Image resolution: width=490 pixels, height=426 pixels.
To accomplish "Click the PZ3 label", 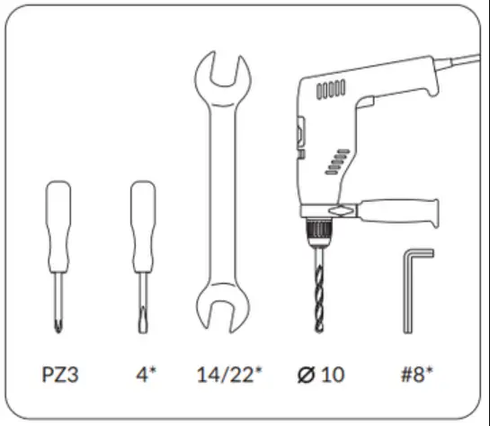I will click(59, 373).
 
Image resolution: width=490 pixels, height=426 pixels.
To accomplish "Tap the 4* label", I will click(144, 373).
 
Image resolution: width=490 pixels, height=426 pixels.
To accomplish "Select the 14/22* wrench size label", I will click(228, 373).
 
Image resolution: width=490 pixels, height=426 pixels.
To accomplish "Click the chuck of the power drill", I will click(320, 231).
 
